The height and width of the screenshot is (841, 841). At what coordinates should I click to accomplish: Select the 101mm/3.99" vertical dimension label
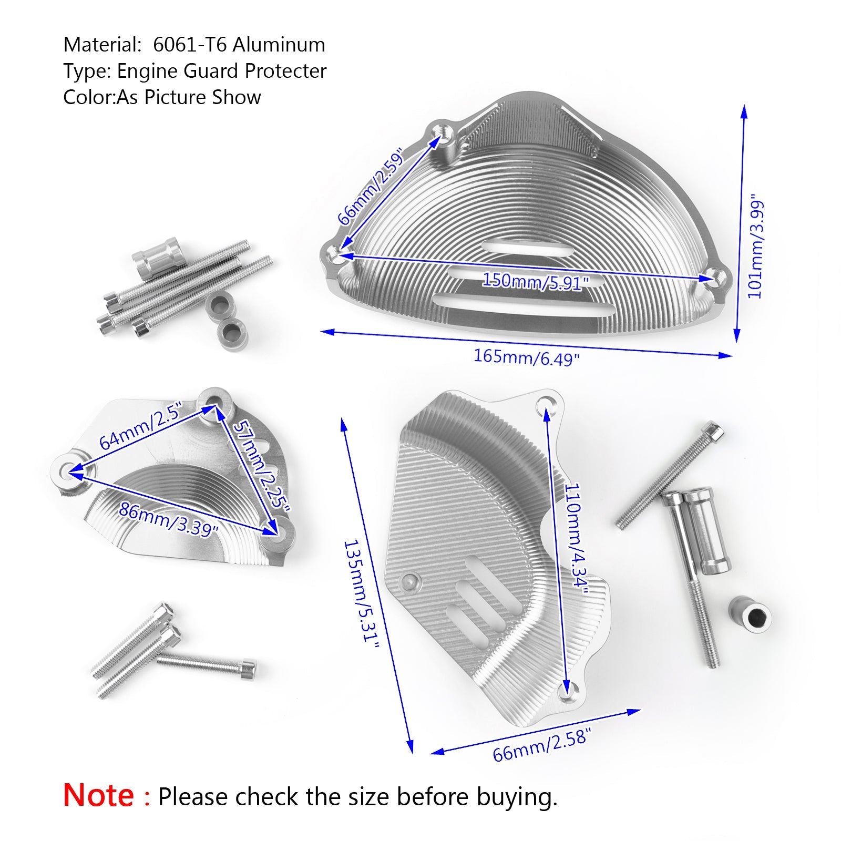(x=755, y=249)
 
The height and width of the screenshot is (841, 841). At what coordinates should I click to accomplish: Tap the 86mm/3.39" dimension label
(x=168, y=519)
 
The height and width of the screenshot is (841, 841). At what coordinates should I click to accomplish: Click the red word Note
(x=98, y=795)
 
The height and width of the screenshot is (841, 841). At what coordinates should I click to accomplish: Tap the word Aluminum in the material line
(x=279, y=45)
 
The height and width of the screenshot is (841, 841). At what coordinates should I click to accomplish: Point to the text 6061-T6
(x=190, y=45)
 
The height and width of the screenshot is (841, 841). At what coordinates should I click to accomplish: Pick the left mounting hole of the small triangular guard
(x=67, y=470)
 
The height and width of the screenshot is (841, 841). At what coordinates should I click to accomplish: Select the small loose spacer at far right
(x=749, y=613)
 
